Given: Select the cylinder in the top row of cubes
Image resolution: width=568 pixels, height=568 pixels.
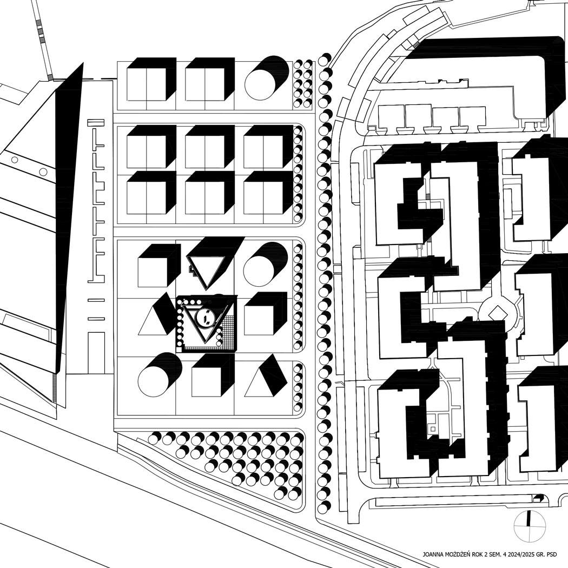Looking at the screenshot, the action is (267, 78).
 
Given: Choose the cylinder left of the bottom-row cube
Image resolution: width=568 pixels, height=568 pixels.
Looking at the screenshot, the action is (160, 375).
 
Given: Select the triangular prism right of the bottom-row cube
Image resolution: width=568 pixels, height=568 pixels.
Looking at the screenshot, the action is (266, 375).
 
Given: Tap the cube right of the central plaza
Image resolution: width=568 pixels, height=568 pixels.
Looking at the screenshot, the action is (263, 314).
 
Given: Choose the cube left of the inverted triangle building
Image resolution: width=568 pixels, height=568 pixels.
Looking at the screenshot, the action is (160, 266).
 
